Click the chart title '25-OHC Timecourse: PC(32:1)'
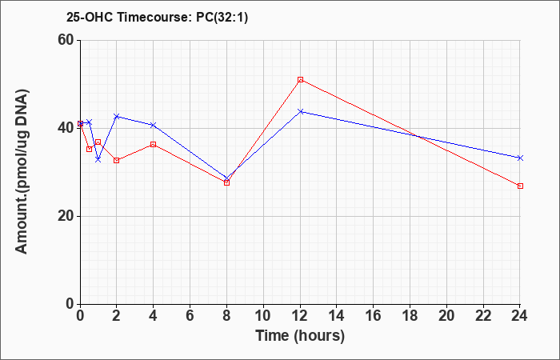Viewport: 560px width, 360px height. [x=157, y=17]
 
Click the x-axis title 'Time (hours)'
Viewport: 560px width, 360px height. [x=300, y=336]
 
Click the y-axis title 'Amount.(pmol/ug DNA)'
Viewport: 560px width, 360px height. [x=22, y=171]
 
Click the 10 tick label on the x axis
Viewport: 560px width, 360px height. [x=263, y=316]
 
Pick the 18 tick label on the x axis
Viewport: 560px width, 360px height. [x=410, y=316]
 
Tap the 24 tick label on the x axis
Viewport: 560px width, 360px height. [x=520, y=316]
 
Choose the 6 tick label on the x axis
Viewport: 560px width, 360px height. [x=190, y=316]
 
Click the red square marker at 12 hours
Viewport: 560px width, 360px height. [x=300, y=80]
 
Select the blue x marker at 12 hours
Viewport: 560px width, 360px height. [x=300, y=111]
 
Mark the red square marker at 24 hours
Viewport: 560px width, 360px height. [x=520, y=186]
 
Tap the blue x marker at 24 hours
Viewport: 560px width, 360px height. [x=520, y=158]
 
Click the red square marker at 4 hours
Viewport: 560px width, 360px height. [x=154, y=144]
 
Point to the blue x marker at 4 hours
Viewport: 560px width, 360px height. [x=154, y=125]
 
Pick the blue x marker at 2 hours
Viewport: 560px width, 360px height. [x=117, y=117]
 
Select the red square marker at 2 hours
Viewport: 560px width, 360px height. [x=117, y=160]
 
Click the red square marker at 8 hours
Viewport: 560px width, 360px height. [x=226, y=183]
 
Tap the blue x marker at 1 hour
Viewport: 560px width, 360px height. [x=98, y=159]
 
